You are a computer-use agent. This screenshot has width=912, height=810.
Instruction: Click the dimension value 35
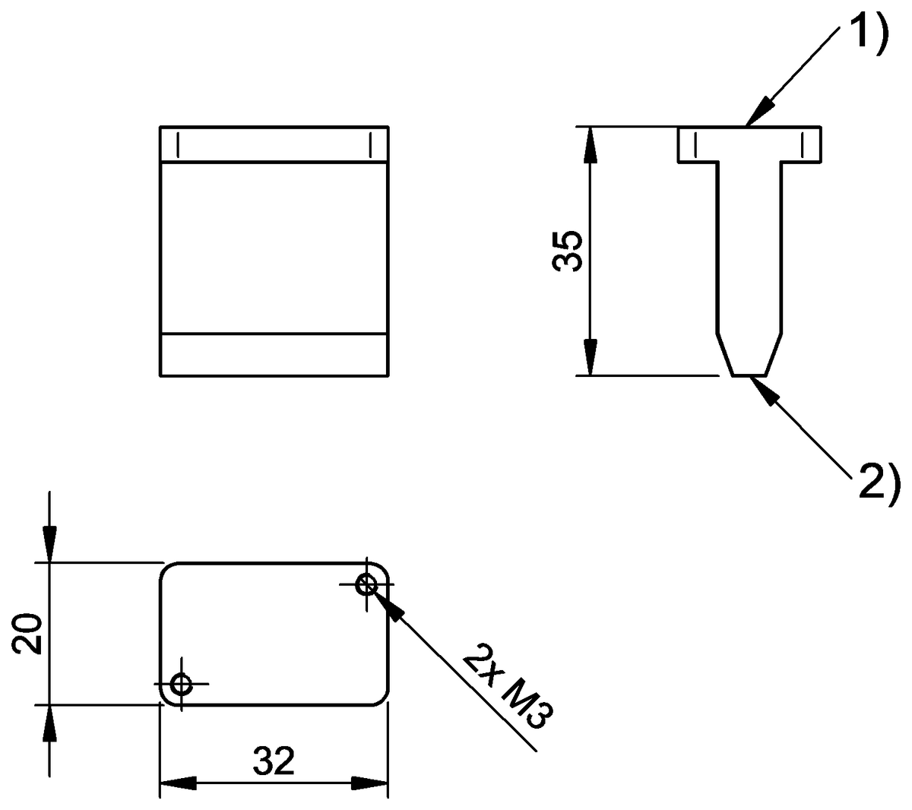point(568,251)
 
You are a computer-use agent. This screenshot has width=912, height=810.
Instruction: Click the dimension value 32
point(274,761)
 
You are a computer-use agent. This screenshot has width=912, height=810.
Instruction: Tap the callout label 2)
point(879,482)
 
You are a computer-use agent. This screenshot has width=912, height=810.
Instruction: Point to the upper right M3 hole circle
point(368,584)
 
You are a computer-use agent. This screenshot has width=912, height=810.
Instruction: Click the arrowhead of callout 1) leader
point(758,113)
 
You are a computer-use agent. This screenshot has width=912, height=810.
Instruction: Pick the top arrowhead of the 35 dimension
point(589,144)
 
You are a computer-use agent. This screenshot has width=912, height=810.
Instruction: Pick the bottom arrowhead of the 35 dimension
point(589,357)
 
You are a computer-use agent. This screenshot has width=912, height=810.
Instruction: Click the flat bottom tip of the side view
point(749,375)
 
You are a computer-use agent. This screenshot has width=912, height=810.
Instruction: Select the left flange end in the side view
point(689,144)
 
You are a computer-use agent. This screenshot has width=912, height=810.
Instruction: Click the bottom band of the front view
point(274,354)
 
